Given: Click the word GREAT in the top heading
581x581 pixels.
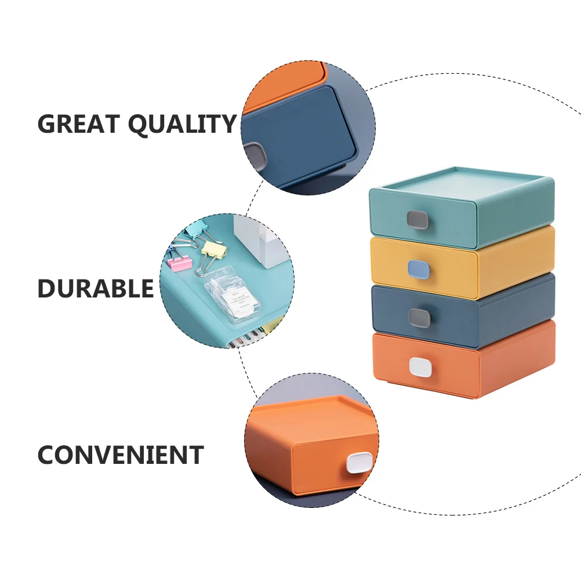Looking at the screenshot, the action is tap(78, 124).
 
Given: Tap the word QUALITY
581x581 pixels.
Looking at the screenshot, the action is tap(182, 124).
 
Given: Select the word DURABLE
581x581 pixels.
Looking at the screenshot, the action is tap(96, 288).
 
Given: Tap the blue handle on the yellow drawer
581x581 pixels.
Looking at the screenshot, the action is tap(419, 268).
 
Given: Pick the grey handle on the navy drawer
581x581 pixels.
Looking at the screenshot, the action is tap(419, 318).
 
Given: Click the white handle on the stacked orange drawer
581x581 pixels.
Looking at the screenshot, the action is tap(420, 367).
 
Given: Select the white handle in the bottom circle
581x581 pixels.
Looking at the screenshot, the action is tap(360, 463).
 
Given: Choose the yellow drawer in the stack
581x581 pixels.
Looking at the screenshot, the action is tap(462, 263).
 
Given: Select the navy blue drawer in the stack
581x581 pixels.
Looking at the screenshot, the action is tap(463, 311).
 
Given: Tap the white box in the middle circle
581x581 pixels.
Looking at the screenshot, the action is tap(255, 241).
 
